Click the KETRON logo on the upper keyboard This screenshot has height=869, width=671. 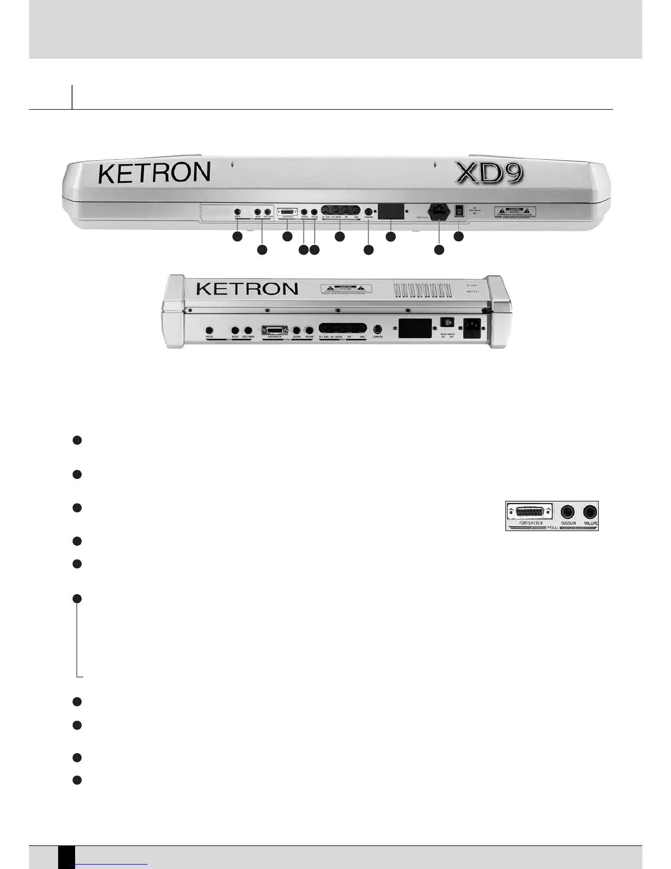click(154, 173)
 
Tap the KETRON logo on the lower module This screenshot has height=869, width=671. click(247, 289)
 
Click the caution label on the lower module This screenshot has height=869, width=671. click(346, 289)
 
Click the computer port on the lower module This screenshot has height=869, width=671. click(377, 329)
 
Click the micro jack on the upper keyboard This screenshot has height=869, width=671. click(237, 212)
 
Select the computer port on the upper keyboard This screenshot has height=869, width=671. click(368, 211)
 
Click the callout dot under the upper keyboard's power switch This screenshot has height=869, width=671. click(458, 237)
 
